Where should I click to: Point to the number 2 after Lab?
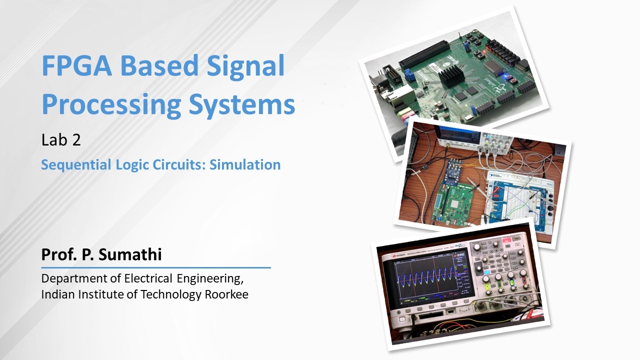coord(76,140)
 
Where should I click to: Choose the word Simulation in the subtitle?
coord(245,164)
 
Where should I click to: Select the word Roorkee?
coord(226,294)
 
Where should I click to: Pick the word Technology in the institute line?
coord(171,294)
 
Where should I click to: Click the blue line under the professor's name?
coord(156,267)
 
